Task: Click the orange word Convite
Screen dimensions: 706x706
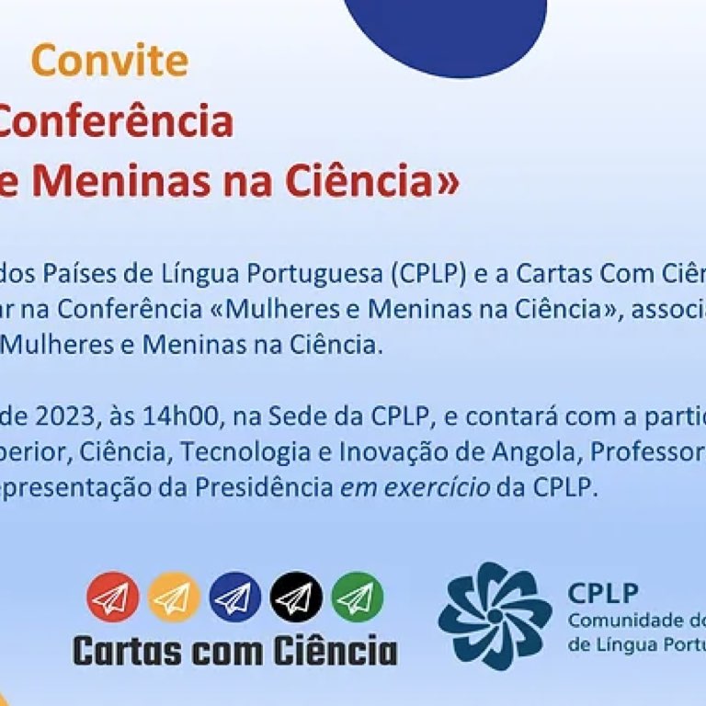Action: tap(109, 61)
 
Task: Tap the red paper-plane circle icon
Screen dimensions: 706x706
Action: tap(113, 597)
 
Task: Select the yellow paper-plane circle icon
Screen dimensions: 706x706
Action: tap(174, 597)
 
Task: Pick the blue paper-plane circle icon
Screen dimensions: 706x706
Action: tap(235, 597)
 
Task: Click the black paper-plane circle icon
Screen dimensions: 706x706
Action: tap(296, 597)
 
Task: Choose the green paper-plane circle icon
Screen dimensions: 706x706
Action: tap(358, 597)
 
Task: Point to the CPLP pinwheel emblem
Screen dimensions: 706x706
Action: tap(495, 616)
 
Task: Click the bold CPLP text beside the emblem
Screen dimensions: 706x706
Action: tap(603, 593)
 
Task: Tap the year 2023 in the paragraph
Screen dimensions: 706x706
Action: tap(65, 416)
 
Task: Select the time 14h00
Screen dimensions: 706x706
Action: tap(179, 416)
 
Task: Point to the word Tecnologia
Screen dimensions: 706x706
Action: tap(245, 452)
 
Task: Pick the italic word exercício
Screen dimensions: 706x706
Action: tap(416, 487)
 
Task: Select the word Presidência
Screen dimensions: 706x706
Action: tap(264, 487)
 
